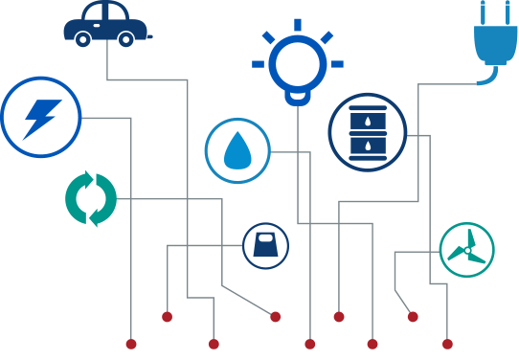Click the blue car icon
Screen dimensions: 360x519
pos(105,25)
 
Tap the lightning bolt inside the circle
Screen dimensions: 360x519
pos(40,117)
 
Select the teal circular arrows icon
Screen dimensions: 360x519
pos(91,199)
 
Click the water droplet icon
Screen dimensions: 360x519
pos(237,150)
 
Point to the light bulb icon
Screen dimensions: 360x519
pos(298,62)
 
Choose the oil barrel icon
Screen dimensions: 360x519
pos(368,133)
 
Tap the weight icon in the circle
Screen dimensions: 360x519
pos(264,246)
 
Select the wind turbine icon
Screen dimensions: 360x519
pos(466,250)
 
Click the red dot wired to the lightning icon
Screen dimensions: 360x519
pos(131,344)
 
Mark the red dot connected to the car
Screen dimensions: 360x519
pos(214,344)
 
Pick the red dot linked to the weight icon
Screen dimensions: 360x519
pos(167,317)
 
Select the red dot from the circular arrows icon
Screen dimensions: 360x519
pos(276,317)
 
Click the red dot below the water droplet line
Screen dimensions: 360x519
pos(309,344)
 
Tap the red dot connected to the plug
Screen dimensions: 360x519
pos(338,317)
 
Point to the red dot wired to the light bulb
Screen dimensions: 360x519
pos(372,344)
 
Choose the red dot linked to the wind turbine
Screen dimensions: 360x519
pos(413,317)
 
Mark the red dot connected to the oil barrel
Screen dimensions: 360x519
pos(447,344)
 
